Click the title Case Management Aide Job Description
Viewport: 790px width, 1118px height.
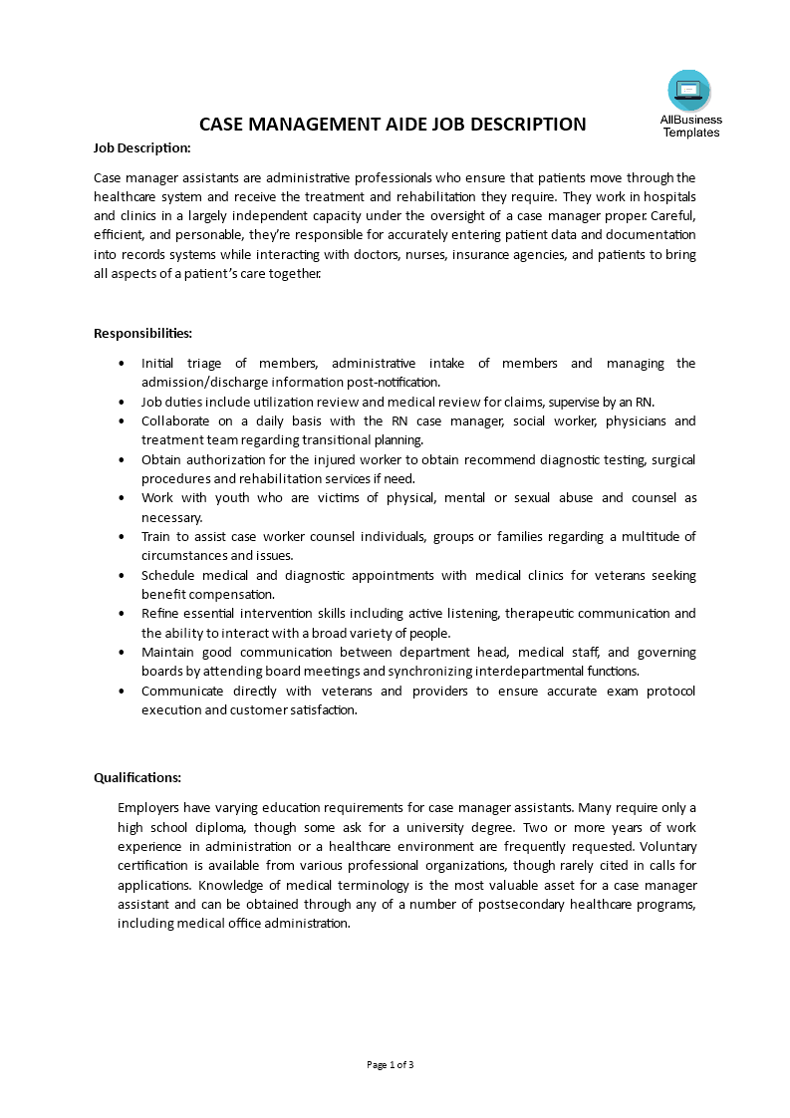(393, 125)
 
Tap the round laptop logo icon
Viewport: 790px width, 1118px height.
(689, 91)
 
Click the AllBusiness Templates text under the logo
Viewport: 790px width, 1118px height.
(690, 127)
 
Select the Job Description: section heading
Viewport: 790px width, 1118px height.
(142, 147)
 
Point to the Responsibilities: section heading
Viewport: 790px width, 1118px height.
(143, 333)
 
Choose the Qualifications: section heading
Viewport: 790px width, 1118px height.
(137, 777)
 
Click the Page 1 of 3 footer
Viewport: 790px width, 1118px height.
(391, 1065)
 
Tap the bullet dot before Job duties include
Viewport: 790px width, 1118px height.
(122, 402)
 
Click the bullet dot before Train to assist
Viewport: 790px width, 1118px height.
(122, 536)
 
